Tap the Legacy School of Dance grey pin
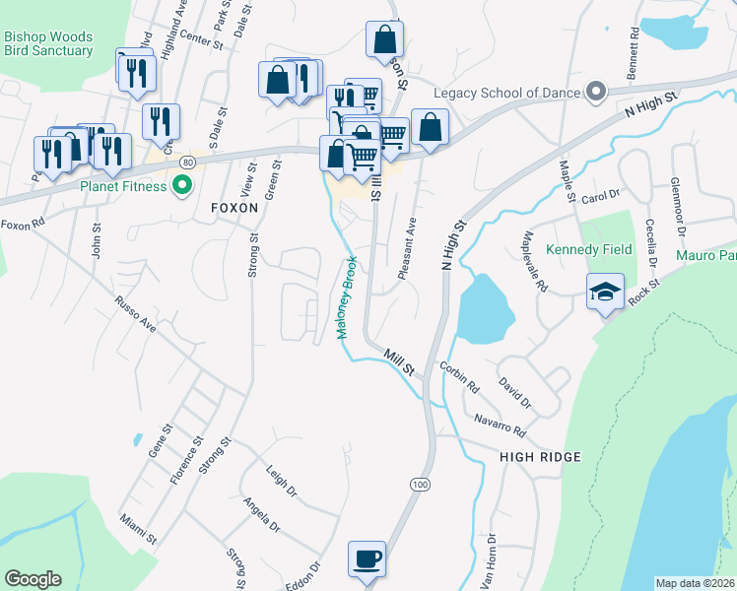[596, 93]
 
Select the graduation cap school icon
[606, 293]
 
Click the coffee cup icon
[367, 558]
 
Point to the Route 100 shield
[421, 485]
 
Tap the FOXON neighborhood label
[234, 208]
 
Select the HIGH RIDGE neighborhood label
[540, 457]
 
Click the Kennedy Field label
[588, 250]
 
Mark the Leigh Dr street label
[281, 478]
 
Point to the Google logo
[33, 579]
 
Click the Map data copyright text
[695, 583]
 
